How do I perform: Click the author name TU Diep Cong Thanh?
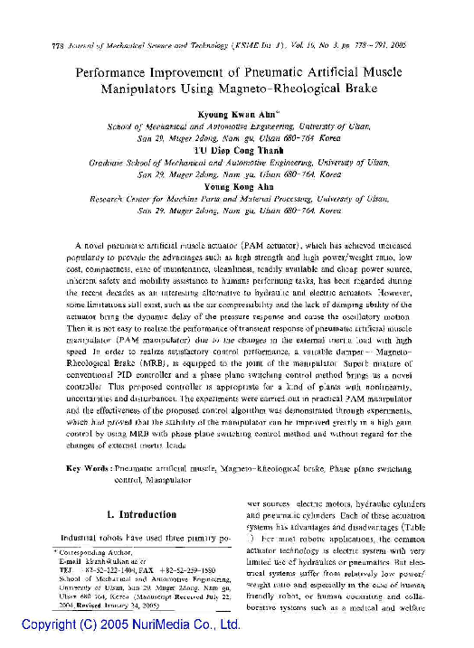pyautogui.click(x=239, y=153)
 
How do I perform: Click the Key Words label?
pyautogui.click(x=89, y=468)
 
